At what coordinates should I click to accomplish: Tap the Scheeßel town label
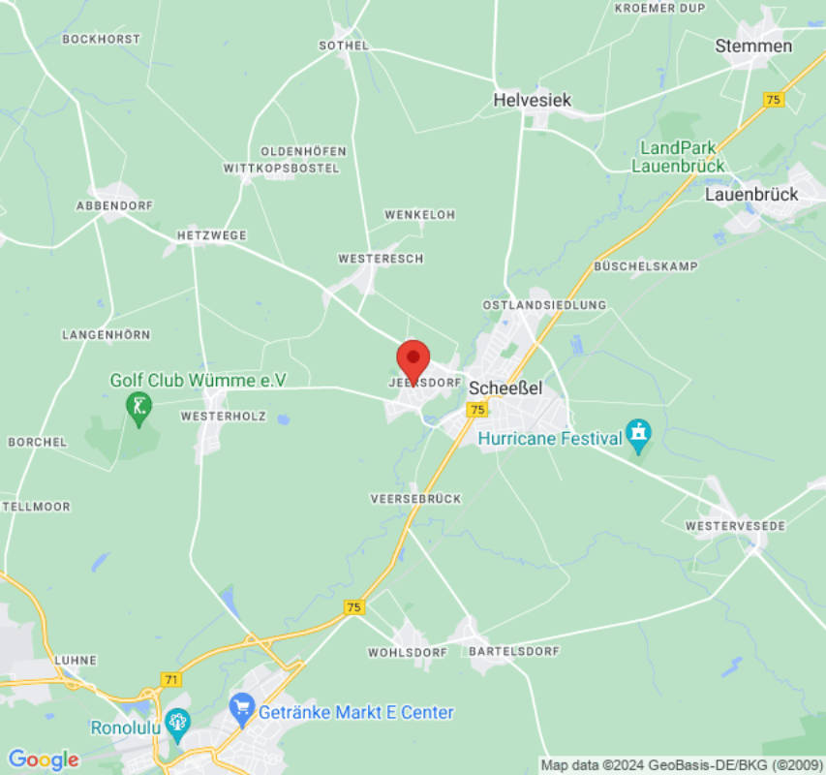(505, 387)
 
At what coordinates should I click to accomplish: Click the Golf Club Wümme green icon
(139, 409)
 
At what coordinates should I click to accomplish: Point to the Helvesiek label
(532, 100)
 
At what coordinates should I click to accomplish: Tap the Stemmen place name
(753, 46)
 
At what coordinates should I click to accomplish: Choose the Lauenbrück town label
(751, 194)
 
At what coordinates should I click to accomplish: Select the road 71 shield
(171, 680)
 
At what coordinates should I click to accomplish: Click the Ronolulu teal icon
(176, 721)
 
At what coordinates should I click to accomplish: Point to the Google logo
(43, 759)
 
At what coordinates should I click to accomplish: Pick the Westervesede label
(735, 525)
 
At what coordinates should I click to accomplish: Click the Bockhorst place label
(101, 40)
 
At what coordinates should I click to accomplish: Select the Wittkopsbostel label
(282, 169)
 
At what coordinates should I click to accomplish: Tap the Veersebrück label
(416, 498)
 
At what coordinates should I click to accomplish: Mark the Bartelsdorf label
(514, 652)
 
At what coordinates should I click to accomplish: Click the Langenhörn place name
(107, 334)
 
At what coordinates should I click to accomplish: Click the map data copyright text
(682, 765)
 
